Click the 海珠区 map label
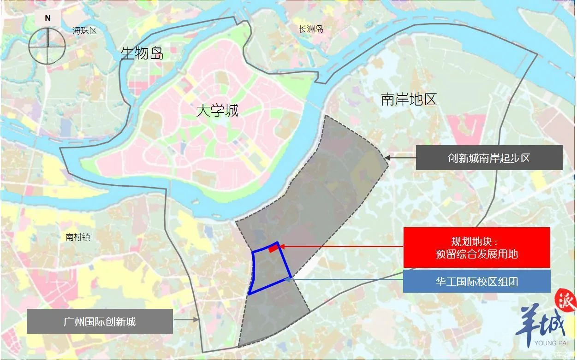[x=85, y=31]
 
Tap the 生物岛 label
[x=142, y=53]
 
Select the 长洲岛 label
[x=310, y=29]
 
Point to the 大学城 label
[x=217, y=111]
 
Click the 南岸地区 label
[x=409, y=99]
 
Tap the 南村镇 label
[x=78, y=237]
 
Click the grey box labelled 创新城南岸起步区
[x=489, y=158]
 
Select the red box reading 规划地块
[x=476, y=248]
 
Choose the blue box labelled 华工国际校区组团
[x=476, y=281]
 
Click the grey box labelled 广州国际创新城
[x=100, y=321]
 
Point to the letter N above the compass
[x=48, y=18]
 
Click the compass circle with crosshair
[x=47, y=45]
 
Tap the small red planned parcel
[x=273, y=249]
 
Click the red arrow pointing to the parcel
[x=341, y=247]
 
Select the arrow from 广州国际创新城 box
[x=186, y=319]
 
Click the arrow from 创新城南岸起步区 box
[x=400, y=158]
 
